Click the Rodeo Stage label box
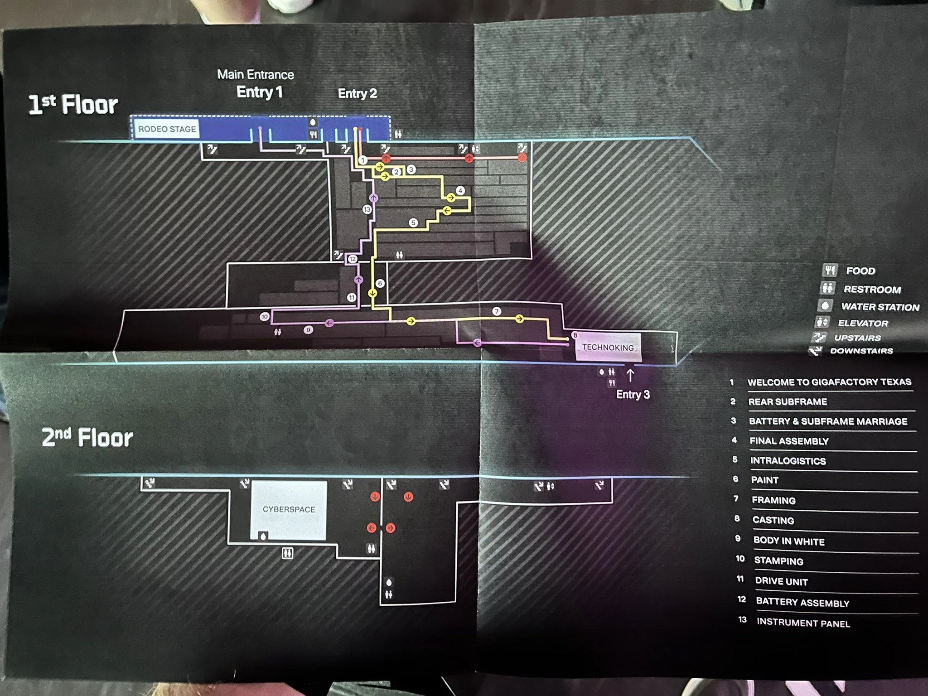pos(166,129)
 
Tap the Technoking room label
pos(608,347)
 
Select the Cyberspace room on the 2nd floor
pos(289,510)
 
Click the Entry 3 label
pos(633,394)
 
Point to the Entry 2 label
pos(357,93)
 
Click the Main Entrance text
pos(256,74)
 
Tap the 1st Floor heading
pos(73,105)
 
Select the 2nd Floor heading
pos(87,437)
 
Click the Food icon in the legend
pos(830,271)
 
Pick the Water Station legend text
pos(880,307)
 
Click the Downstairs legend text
pos(861,351)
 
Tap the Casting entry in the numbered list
pos(773,520)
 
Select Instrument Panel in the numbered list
pos(803,623)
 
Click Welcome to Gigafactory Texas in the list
pos(829,382)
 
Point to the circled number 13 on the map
pos(367,209)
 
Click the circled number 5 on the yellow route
pos(413,222)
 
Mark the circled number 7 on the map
pos(497,311)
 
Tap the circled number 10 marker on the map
pos(265,317)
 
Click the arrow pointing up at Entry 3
pos(630,376)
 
